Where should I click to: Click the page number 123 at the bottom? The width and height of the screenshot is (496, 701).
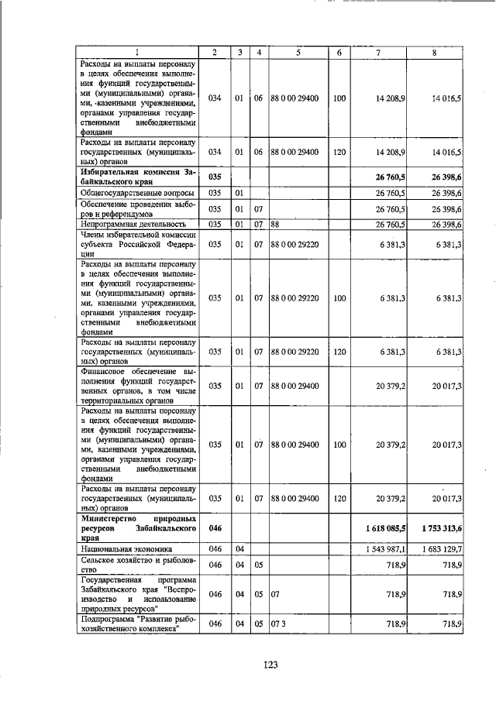click(270, 664)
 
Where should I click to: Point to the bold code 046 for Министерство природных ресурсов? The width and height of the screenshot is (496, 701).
click(215, 527)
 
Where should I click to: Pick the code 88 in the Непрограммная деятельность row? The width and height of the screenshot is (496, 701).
click(274, 225)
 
